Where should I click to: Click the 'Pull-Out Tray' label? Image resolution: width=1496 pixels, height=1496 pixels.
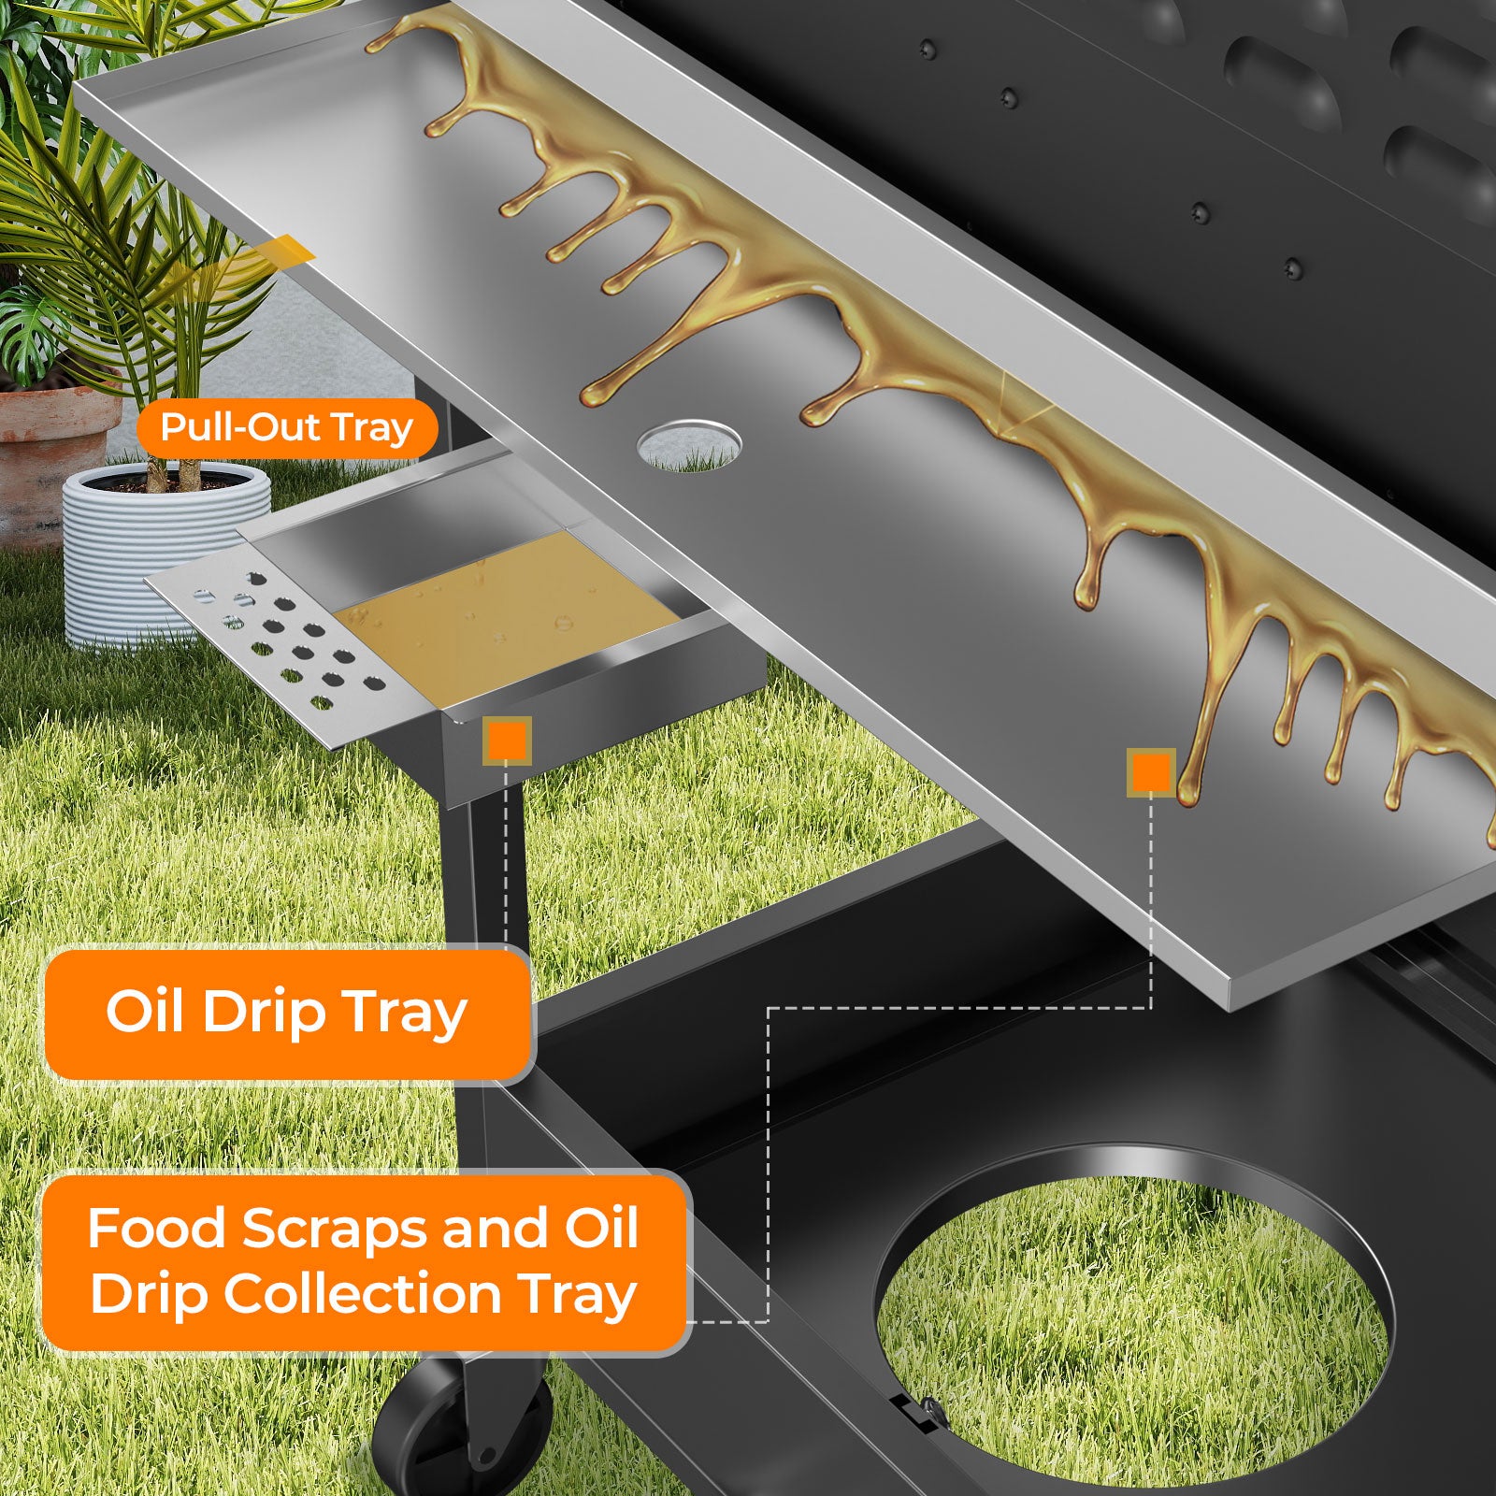click(x=287, y=429)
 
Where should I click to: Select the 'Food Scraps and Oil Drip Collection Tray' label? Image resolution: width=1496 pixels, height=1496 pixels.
click(x=365, y=1261)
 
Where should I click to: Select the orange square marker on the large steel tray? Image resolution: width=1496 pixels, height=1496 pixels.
click(x=1151, y=772)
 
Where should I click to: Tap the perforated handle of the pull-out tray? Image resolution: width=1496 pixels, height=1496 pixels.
click(x=280, y=654)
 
